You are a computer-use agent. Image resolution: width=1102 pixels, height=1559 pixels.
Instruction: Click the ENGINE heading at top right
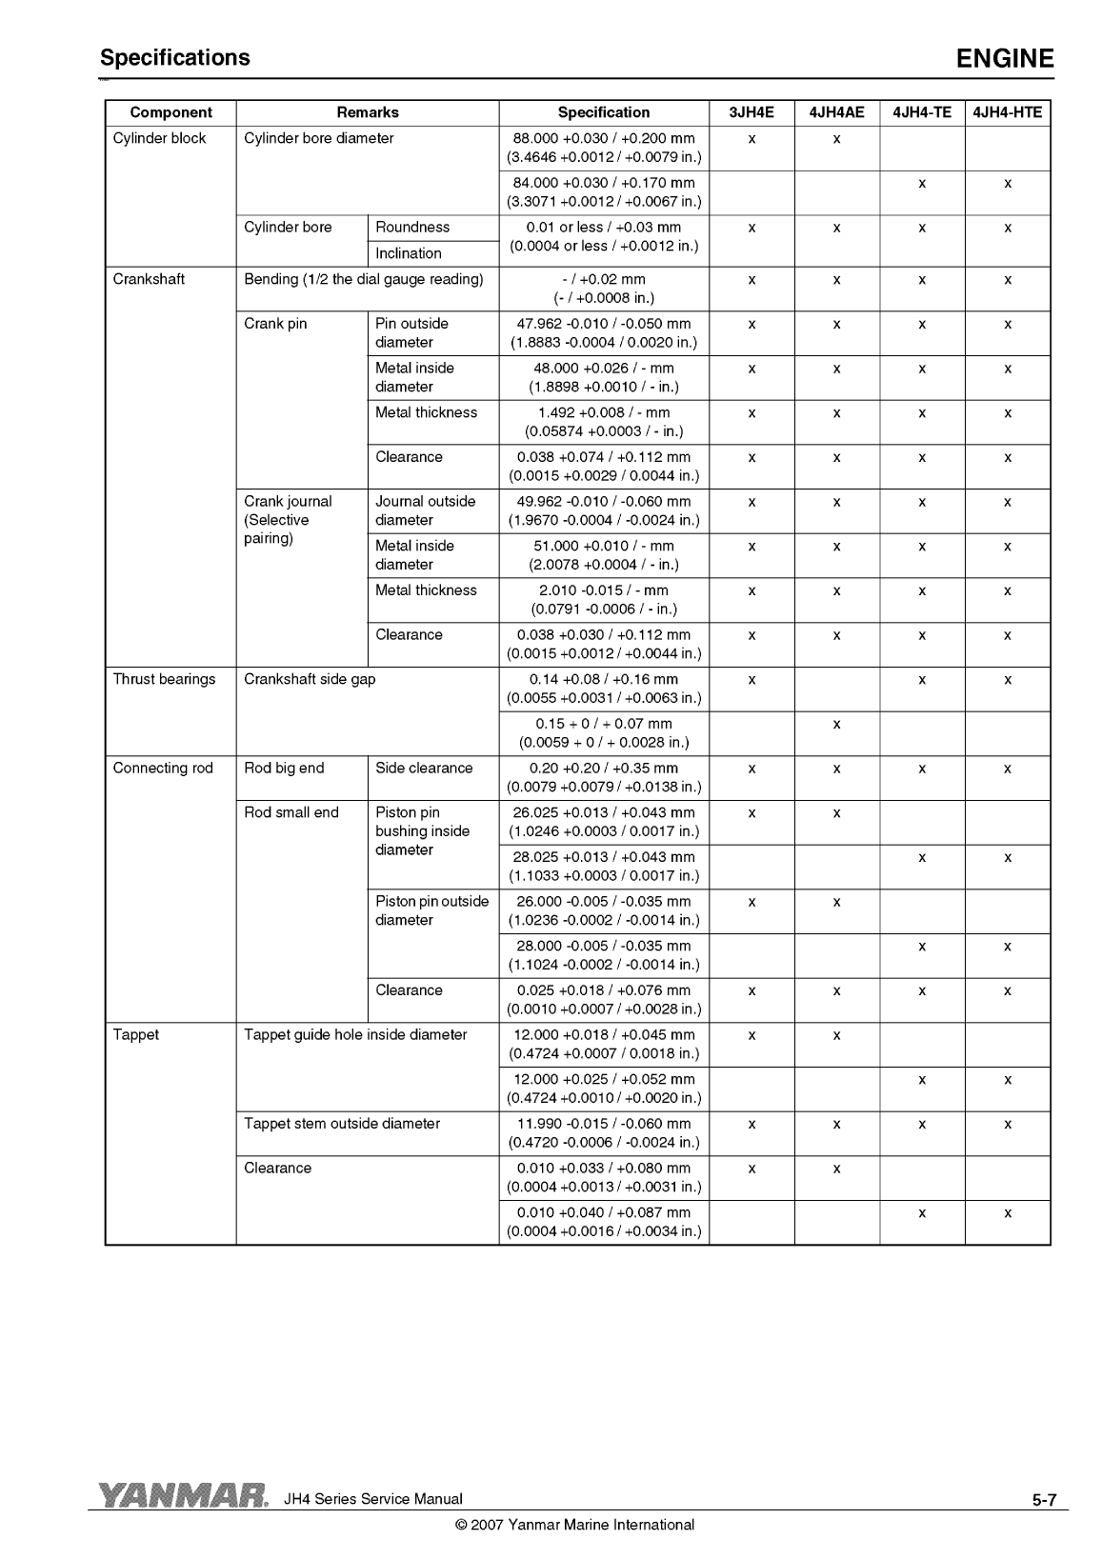click(1005, 59)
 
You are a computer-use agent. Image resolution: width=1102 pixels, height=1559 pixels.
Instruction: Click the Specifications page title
click(175, 57)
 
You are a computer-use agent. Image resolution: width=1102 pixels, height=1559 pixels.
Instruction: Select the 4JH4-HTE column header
click(1008, 112)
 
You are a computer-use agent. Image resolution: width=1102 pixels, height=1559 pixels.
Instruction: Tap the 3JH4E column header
click(751, 112)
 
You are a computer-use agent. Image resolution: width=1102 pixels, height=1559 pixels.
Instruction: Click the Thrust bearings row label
click(164, 679)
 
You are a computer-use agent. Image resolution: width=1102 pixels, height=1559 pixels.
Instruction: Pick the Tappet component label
click(136, 1034)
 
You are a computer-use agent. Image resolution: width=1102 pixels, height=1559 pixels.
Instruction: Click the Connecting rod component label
click(163, 768)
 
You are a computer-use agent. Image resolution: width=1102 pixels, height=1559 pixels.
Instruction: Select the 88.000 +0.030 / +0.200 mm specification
click(604, 138)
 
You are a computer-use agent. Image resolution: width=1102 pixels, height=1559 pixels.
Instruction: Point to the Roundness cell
click(412, 227)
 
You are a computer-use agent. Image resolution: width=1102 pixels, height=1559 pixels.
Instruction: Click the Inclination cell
click(409, 253)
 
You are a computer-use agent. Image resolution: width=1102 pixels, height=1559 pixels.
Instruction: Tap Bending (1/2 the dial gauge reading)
click(364, 279)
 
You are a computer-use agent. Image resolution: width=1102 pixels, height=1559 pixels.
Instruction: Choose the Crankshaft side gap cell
click(310, 679)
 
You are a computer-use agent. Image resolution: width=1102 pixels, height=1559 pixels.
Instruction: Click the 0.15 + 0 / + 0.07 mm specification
click(604, 724)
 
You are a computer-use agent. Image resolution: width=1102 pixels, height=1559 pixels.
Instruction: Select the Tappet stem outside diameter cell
click(342, 1124)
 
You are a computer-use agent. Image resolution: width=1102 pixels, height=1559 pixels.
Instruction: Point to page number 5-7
click(1043, 1501)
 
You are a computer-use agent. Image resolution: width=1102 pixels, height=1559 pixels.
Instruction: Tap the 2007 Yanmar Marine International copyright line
click(575, 1525)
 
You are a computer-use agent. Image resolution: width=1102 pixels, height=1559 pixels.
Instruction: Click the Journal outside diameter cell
click(425, 510)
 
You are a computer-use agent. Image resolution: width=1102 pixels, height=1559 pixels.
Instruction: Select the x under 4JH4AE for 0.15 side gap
click(836, 724)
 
